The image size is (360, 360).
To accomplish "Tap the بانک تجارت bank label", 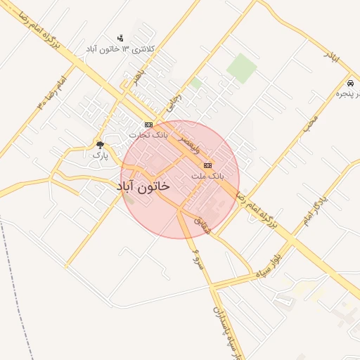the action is [x=148, y=134].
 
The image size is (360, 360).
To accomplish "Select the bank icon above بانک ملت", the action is [x=206, y=165].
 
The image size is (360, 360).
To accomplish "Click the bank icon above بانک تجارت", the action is [x=148, y=124].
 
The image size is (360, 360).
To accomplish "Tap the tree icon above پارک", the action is [x=100, y=146].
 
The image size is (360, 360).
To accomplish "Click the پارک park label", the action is [x=101, y=155].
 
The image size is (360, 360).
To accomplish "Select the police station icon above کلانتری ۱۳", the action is [x=120, y=38].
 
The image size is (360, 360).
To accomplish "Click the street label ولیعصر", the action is [x=173, y=140].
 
